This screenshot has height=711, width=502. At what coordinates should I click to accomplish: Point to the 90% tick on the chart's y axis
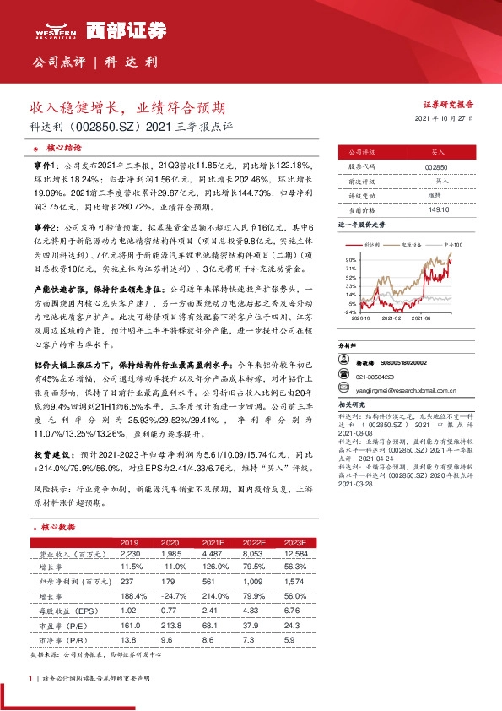(x=350, y=259)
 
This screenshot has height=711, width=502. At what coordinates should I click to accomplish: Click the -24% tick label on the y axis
(x=350, y=312)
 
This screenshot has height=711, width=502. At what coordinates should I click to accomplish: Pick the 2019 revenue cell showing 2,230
(x=129, y=553)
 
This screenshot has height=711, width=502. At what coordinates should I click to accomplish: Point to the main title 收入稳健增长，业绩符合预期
(x=127, y=109)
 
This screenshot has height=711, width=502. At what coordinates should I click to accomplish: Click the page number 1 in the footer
(x=31, y=678)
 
